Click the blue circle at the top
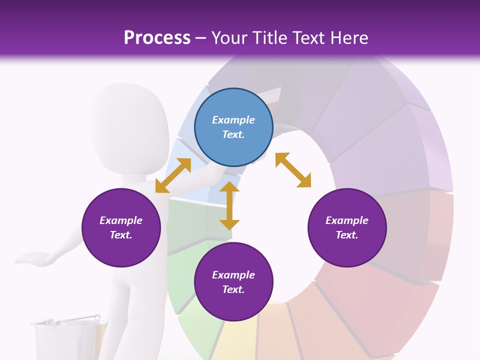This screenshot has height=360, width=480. (233, 127)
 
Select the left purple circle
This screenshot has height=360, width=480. (121, 227)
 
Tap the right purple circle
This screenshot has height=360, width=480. (347, 227)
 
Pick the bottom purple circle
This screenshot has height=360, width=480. (233, 282)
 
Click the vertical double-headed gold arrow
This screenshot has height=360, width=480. (229, 205)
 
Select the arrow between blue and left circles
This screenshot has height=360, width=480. (173, 175)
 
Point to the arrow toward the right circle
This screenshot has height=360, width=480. (293, 170)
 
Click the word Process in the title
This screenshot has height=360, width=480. (157, 38)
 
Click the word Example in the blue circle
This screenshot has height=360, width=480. (233, 120)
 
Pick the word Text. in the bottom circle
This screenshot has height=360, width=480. (233, 289)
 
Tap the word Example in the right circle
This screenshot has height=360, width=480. (347, 220)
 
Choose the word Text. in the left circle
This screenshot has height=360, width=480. (121, 235)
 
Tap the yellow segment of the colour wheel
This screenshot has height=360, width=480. (235, 340)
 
